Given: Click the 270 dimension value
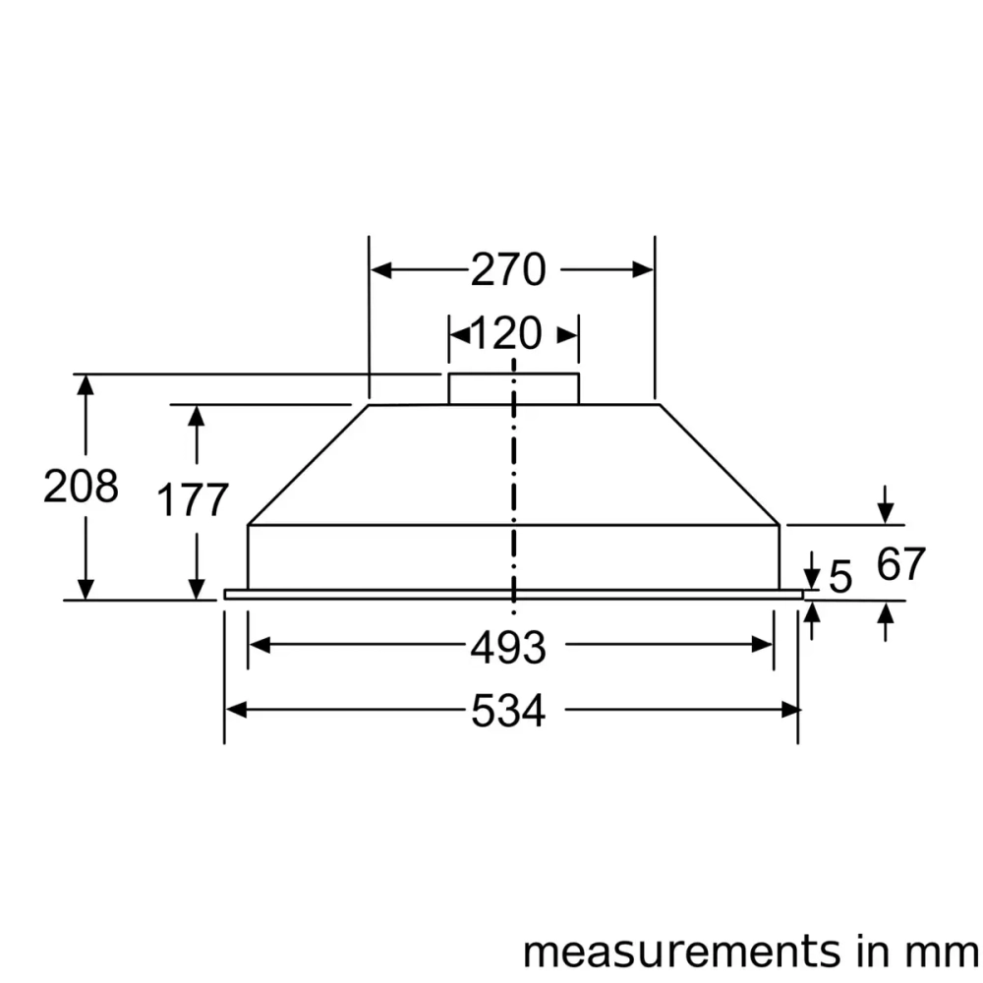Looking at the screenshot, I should tap(507, 269).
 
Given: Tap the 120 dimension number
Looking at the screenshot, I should tap(505, 335).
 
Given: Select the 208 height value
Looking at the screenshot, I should tap(81, 487).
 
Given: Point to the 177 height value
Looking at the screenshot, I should tap(194, 500).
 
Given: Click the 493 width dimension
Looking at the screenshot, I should tap(507, 648).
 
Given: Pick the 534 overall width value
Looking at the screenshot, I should tap(507, 712).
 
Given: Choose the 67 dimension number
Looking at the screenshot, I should tap(901, 564).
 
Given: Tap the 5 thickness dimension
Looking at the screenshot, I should tap(840, 578).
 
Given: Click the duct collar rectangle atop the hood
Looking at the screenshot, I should tap(513, 388).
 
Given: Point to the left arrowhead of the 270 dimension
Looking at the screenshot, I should tap(380, 270).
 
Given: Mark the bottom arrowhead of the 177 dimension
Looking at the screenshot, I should tap(197, 589).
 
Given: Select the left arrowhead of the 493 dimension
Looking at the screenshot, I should tap(259, 645).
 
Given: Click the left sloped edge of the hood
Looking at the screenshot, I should tap(308, 464).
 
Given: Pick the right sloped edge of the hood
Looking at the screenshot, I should tap(720, 464).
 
